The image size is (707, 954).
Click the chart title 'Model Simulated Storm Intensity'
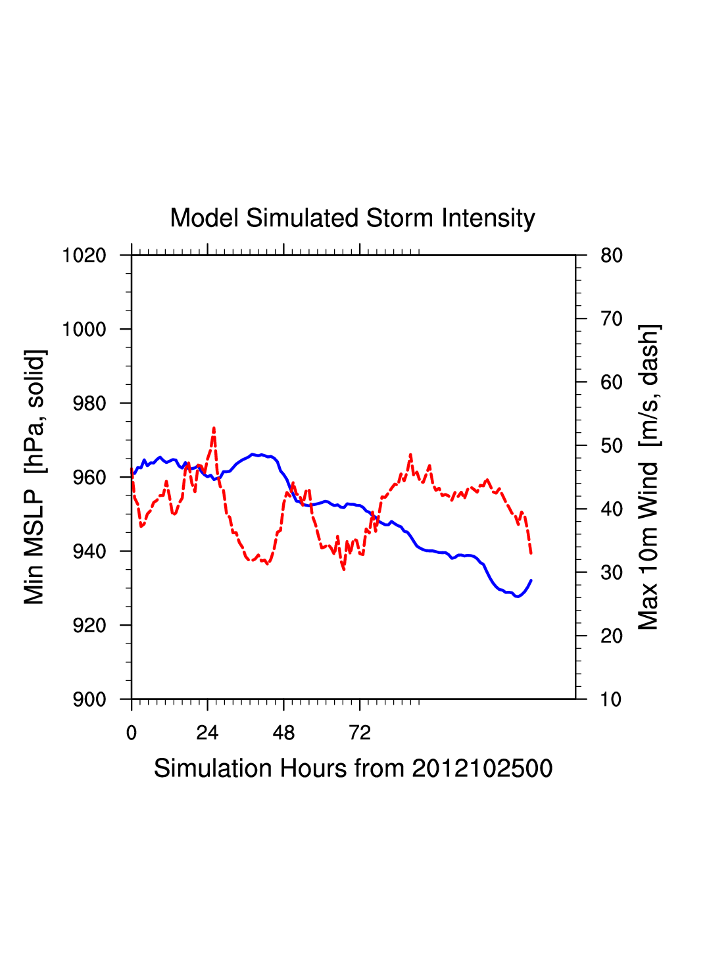pos(353,218)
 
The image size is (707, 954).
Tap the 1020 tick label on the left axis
pos(84,255)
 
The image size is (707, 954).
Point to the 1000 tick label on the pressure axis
pos(84,330)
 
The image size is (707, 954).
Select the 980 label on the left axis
pos(89,403)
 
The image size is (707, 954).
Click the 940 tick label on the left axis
pos(89,551)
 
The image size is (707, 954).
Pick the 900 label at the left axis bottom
pos(89,699)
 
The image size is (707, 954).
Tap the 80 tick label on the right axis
pos(612,255)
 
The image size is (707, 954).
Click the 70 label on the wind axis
pos(612,319)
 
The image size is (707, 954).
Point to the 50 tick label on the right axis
pos(612,446)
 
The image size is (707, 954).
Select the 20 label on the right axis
pos(612,636)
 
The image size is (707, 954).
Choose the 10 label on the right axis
pos(612,699)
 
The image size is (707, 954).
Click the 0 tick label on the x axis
pos(132,733)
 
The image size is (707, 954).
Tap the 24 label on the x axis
pos(207,733)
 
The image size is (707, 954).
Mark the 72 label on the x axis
pos(360,733)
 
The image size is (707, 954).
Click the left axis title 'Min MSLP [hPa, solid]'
pos(34,477)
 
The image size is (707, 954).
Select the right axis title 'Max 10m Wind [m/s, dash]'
pos(649,477)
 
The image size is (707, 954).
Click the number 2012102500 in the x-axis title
pos(482,768)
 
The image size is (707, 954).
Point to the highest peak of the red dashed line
pos(214,428)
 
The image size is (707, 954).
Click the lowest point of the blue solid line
pos(518,597)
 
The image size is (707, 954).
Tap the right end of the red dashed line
pos(531,554)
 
